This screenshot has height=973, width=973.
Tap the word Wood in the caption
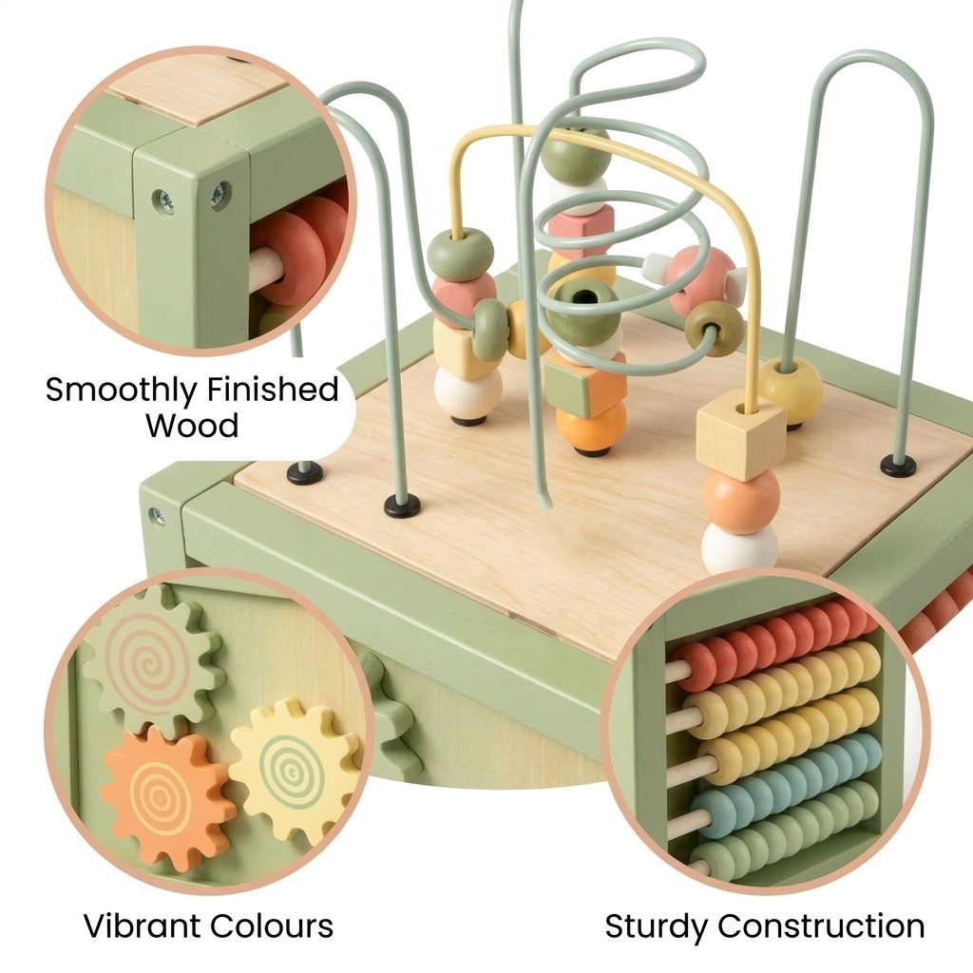[x=192, y=426]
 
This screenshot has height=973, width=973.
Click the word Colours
[x=272, y=925]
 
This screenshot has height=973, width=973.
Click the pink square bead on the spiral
[x=581, y=226]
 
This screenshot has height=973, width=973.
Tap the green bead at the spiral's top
[x=575, y=153]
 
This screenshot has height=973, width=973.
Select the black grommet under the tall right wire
[x=899, y=465]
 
